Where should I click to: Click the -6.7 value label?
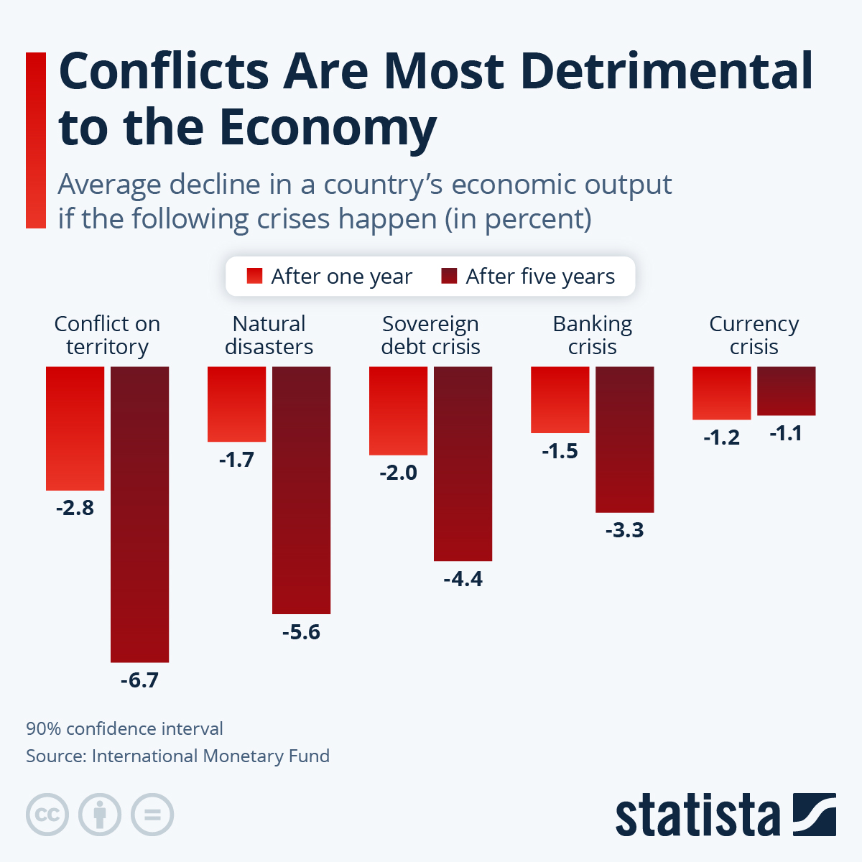tap(139, 680)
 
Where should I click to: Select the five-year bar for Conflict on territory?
tap(139, 514)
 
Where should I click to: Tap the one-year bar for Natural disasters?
tap(236, 404)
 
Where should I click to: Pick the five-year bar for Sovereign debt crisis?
tap(463, 463)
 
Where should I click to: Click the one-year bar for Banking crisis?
tap(560, 399)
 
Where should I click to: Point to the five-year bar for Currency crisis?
tap(786, 391)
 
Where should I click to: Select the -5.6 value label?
tap(301, 632)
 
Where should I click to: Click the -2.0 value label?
tap(398, 473)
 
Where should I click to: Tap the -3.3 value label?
tap(624, 531)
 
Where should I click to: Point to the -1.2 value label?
tap(721, 437)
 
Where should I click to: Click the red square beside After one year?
tap(254, 277)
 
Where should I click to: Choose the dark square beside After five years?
tap(449, 277)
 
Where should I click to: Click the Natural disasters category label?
tap(269, 335)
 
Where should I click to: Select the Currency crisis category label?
tap(754, 335)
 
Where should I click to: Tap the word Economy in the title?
tap(328, 127)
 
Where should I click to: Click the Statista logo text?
tap(697, 815)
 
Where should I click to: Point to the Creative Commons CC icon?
tap(47, 815)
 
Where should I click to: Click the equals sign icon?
tap(152, 815)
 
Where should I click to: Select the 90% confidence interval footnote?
tap(124, 728)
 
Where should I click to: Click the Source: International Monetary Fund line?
tap(177, 756)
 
